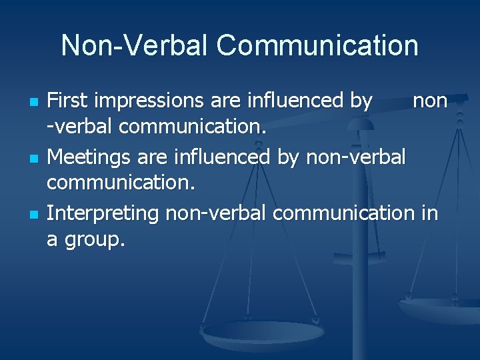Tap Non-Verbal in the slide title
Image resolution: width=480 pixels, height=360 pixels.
[135, 46]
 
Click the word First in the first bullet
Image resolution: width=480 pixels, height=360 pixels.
[70, 101]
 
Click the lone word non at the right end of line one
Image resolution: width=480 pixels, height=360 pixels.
[430, 101]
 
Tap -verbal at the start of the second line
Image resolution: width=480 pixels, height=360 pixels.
[79, 126]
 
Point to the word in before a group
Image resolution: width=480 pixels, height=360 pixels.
[430, 213]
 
